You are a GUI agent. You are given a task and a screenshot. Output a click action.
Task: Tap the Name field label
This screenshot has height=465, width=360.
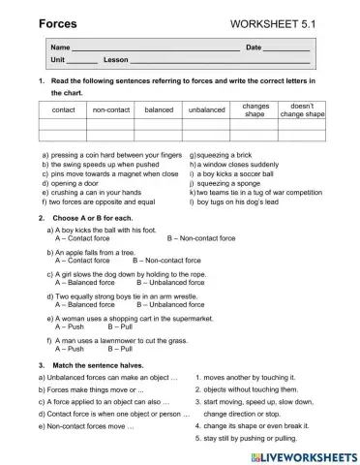click(61, 47)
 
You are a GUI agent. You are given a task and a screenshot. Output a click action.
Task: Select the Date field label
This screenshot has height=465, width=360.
click(254, 47)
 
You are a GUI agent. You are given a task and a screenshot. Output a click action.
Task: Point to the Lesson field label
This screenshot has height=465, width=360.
click(115, 60)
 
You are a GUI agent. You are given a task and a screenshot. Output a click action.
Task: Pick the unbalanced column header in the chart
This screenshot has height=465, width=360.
click(207, 110)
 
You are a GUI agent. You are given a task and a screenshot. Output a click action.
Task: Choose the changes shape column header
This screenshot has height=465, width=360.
click(255, 109)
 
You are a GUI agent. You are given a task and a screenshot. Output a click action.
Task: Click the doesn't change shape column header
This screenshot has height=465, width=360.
click(302, 109)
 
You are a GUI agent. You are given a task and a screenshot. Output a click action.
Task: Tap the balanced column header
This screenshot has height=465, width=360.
click(159, 110)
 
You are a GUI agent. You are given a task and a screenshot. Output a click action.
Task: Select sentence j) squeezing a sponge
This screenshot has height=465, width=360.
click(229, 182)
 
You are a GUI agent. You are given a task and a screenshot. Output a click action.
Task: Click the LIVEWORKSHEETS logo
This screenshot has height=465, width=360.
click(302, 454)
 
